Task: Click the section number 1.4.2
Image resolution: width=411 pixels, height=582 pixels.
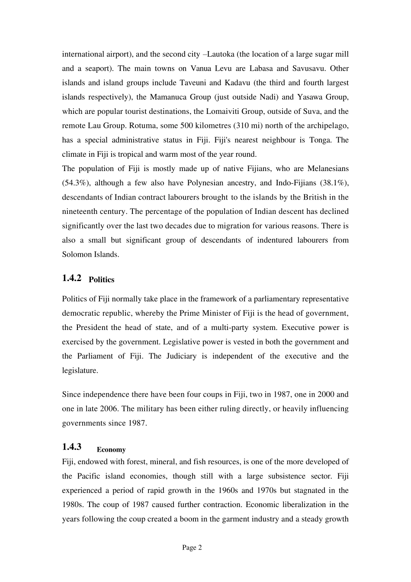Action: coord(72,278)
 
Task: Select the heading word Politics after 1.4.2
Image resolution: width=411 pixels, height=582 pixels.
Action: coord(102,280)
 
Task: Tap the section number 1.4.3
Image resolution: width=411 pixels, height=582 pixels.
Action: coord(72,447)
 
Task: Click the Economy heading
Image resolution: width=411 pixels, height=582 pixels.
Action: coord(111,450)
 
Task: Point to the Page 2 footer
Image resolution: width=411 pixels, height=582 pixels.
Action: coord(192,547)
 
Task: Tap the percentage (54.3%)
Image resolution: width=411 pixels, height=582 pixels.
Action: coord(75,183)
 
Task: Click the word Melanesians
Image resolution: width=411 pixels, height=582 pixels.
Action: coord(328,168)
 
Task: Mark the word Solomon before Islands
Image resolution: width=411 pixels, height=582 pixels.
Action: coord(77,254)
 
